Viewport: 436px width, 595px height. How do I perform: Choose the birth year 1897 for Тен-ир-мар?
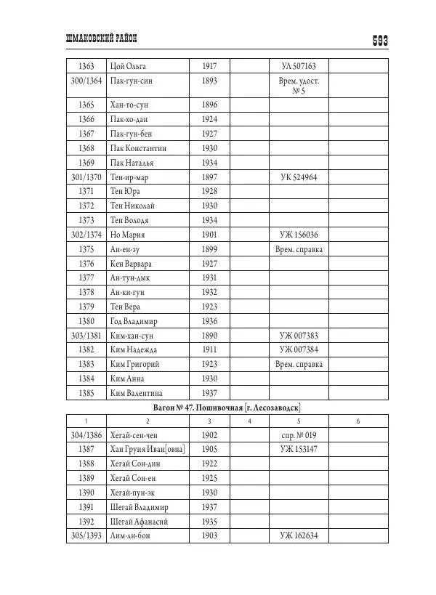pos(209,177)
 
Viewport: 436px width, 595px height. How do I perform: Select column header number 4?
pos(249,421)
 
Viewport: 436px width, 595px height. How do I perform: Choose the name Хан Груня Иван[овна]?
pos(147,450)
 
